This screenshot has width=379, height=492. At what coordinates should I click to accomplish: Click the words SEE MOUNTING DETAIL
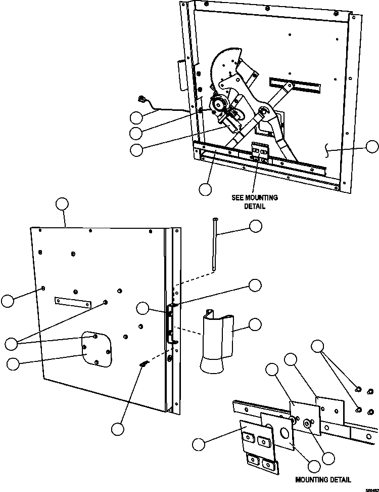[255, 202]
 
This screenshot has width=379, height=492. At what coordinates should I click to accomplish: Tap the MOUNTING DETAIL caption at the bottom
[324, 479]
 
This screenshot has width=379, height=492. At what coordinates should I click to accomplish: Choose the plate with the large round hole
[278, 428]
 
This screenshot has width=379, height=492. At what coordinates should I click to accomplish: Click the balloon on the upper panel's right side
[371, 147]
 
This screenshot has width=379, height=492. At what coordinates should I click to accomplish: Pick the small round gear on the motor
[218, 105]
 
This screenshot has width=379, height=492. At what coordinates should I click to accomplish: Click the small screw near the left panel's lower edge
[144, 364]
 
